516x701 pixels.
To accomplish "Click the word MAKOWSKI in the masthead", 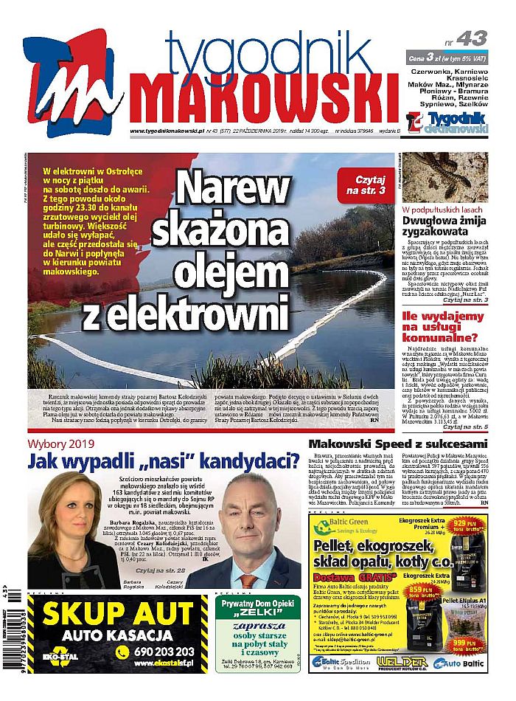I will point(264,99).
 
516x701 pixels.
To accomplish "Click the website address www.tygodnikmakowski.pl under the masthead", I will point(166,131).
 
